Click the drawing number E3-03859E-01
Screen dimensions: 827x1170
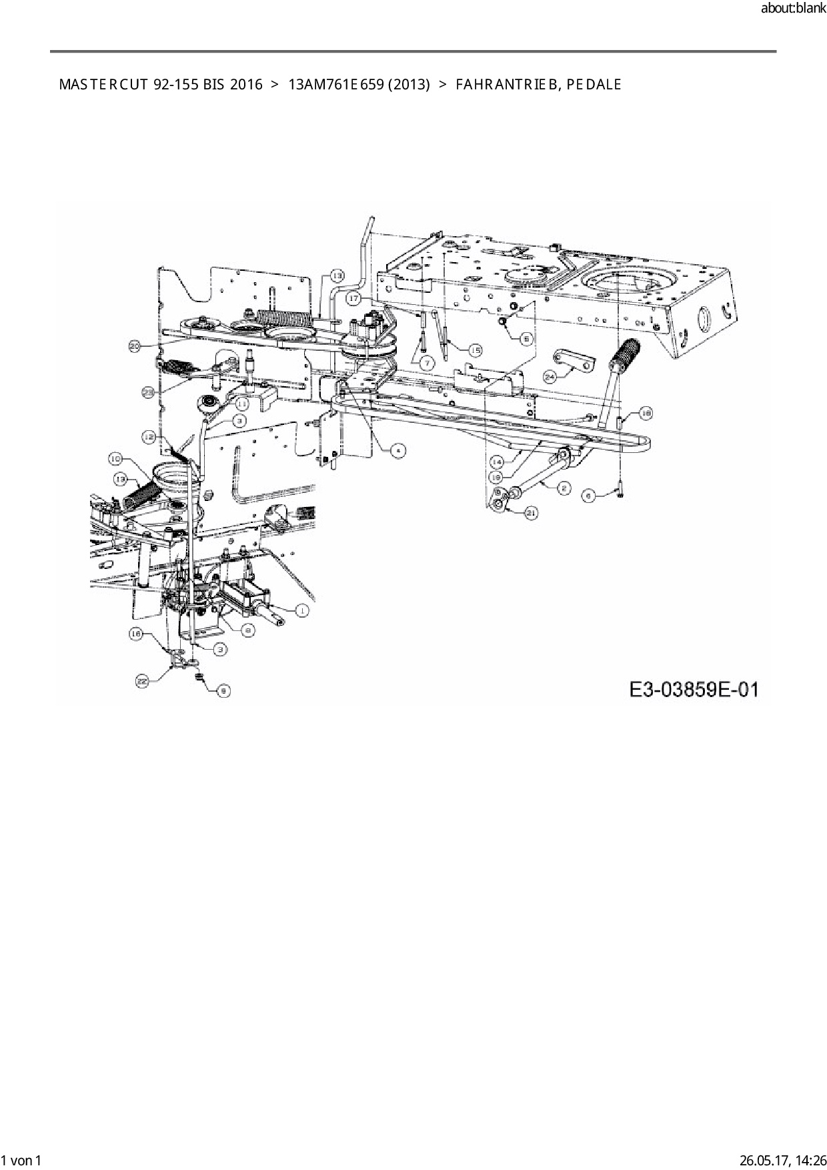tap(694, 688)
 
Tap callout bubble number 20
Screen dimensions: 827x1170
tap(135, 346)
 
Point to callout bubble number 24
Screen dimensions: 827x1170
tap(550, 376)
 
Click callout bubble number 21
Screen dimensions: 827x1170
tap(532, 513)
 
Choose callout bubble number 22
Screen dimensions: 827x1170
tap(141, 681)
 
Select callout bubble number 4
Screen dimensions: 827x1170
tap(397, 450)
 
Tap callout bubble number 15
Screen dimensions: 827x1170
tap(474, 350)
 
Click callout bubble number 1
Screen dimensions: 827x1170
tap(301, 610)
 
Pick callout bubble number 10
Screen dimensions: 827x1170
tap(115, 458)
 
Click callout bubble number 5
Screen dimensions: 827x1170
tap(526, 339)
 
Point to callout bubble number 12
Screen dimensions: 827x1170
tap(149, 436)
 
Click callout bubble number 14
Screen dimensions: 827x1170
tap(497, 461)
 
